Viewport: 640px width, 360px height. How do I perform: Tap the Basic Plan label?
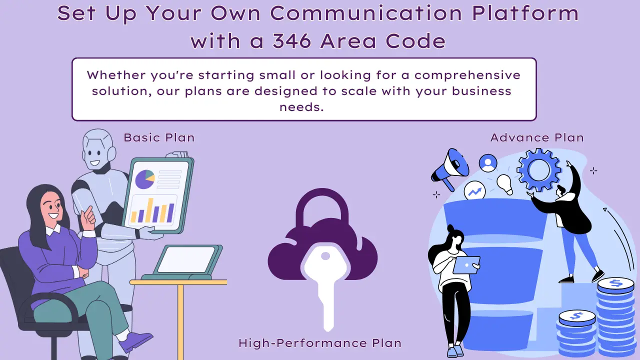[159, 137]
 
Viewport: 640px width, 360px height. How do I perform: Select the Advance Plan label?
[537, 137]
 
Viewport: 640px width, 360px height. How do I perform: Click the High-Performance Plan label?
[320, 343]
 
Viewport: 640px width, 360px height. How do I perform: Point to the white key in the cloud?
[325, 280]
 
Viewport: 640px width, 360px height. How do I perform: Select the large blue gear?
[538, 170]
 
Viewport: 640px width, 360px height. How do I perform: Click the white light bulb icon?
[504, 183]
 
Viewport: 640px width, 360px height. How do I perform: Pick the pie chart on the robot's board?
[144, 179]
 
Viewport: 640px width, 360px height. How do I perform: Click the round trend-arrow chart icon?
[474, 190]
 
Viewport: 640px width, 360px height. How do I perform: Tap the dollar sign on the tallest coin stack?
[615, 283]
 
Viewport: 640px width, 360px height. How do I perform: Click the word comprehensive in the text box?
[467, 75]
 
